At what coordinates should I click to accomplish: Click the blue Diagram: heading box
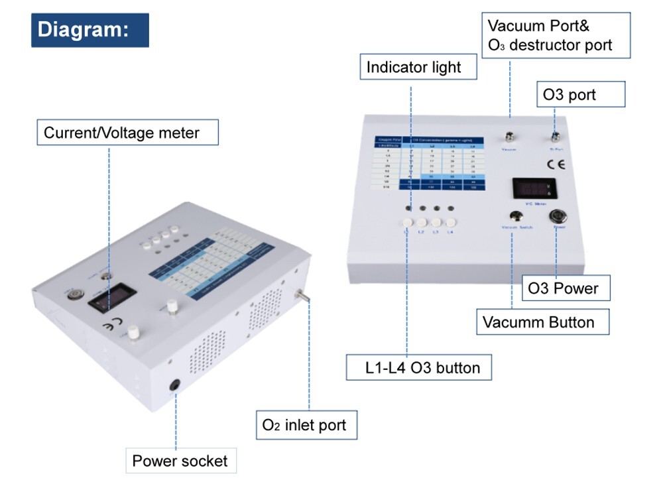pyautogui.click(x=90, y=30)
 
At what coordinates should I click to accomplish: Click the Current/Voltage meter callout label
pyautogui.click(x=127, y=133)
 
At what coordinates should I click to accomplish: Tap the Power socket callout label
pyautogui.click(x=180, y=461)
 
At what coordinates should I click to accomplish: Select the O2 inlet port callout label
pyautogui.click(x=306, y=424)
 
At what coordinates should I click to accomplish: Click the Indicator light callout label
pyautogui.click(x=414, y=67)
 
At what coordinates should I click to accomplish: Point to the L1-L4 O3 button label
pyautogui.click(x=419, y=367)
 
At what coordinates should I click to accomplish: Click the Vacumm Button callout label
pyautogui.click(x=538, y=322)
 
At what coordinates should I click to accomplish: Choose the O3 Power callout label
pyautogui.click(x=562, y=288)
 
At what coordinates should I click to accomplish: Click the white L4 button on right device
pyautogui.click(x=450, y=222)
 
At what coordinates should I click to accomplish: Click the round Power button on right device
pyautogui.click(x=558, y=216)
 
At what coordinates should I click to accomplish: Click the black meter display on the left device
pyautogui.click(x=111, y=298)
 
